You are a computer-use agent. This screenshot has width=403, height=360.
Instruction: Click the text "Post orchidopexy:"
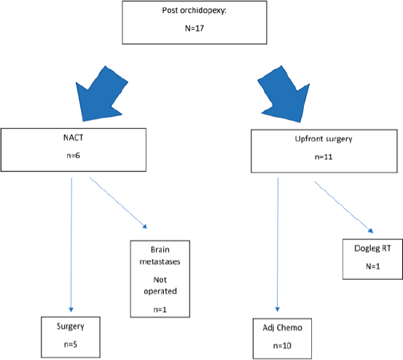pyautogui.click(x=195, y=11)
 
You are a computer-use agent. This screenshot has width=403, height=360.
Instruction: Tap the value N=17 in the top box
pyautogui.click(x=195, y=28)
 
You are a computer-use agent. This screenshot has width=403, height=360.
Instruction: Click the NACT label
pyautogui.click(x=74, y=138)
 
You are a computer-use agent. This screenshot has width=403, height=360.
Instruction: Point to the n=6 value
pyautogui.click(x=74, y=155)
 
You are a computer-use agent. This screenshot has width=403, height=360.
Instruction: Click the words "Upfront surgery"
pyautogui.click(x=324, y=139)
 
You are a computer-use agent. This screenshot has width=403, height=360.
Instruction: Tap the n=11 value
pyautogui.click(x=324, y=157)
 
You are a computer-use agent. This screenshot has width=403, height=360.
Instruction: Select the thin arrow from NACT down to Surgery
pyautogui.click(x=71, y=245)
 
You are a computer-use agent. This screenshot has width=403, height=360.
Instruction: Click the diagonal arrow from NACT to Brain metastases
pyautogui.click(x=118, y=203)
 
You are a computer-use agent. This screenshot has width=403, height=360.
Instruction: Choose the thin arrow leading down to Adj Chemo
pyautogui.click(x=278, y=244)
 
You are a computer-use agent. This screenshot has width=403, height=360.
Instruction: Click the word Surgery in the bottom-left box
pyautogui.click(x=71, y=326)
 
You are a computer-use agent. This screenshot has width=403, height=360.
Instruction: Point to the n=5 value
pyautogui.click(x=71, y=344)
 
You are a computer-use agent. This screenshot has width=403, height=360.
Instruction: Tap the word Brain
pyautogui.click(x=160, y=250)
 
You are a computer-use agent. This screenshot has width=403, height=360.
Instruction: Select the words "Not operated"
pyautogui.click(x=160, y=286)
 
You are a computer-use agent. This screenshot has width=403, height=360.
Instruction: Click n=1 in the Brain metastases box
pyautogui.click(x=160, y=310)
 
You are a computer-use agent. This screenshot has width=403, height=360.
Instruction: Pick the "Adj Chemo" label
pyautogui.click(x=283, y=328)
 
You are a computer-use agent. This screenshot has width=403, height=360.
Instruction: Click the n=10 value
pyautogui.click(x=282, y=346)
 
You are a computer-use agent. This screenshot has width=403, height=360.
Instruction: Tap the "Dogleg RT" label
pyautogui.click(x=372, y=249)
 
